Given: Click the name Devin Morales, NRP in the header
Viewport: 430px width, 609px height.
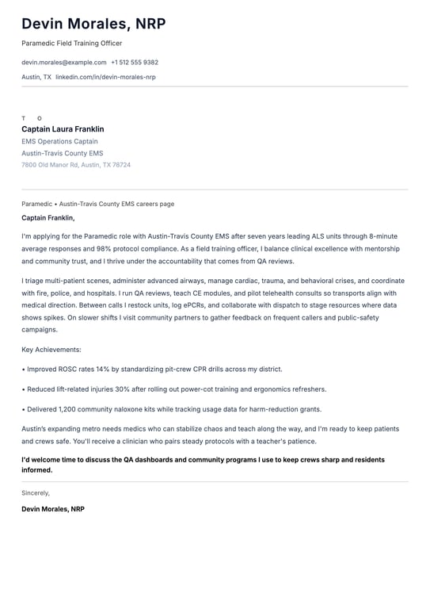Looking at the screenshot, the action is click(x=93, y=24).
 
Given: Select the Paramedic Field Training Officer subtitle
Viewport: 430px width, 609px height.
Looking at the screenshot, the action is click(x=72, y=43).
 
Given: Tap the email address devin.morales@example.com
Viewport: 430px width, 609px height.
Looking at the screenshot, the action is click(x=63, y=62).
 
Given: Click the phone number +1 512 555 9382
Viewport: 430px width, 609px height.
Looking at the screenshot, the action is click(x=135, y=62).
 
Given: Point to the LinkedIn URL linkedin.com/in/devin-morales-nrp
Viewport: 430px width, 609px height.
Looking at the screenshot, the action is click(x=105, y=77).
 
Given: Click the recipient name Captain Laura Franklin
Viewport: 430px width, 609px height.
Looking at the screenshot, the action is click(x=63, y=129).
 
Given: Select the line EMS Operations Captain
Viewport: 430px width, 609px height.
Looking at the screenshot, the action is click(x=59, y=141).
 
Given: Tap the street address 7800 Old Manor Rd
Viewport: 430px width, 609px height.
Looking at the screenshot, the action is click(x=49, y=165).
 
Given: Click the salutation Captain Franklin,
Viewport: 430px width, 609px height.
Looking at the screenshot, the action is click(x=48, y=217).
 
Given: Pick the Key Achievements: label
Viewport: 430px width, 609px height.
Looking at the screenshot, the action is click(x=51, y=349).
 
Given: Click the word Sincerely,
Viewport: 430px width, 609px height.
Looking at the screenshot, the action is click(x=36, y=492).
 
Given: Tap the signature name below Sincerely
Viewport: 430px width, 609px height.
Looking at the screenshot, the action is click(x=53, y=509).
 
